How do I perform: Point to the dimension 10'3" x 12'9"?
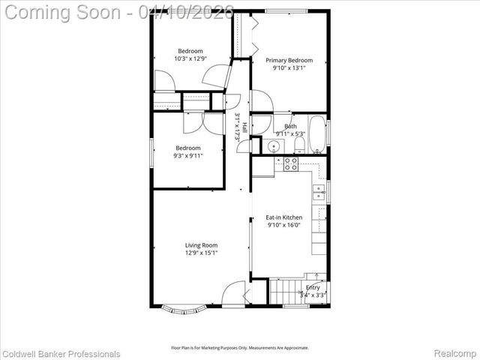pyautogui.click(x=190, y=58)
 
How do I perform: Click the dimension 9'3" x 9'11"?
pyautogui.click(x=189, y=156)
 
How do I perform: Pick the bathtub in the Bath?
pyautogui.click(x=317, y=133)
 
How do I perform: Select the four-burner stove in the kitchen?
pyautogui.click(x=290, y=162)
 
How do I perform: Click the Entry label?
pyautogui.click(x=313, y=287)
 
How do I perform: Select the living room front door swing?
pyautogui.click(x=235, y=292)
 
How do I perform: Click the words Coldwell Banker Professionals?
pyautogui.click(x=61, y=354)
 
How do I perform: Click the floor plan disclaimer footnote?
pyautogui.click(x=239, y=347)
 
